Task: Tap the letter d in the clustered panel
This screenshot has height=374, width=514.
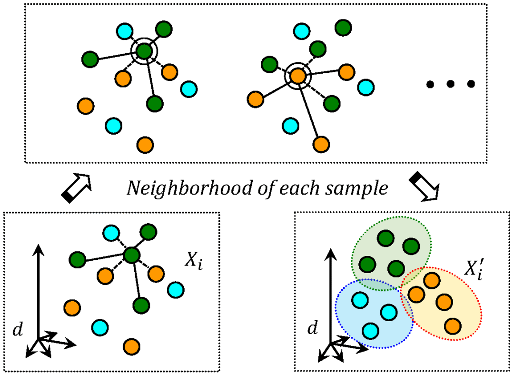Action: (312, 328)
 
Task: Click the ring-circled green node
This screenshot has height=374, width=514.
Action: (144, 49)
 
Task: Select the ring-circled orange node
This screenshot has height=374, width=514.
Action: (297, 75)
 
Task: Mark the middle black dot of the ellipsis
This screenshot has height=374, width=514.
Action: (450, 84)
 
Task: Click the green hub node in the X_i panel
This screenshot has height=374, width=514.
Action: (132, 255)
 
